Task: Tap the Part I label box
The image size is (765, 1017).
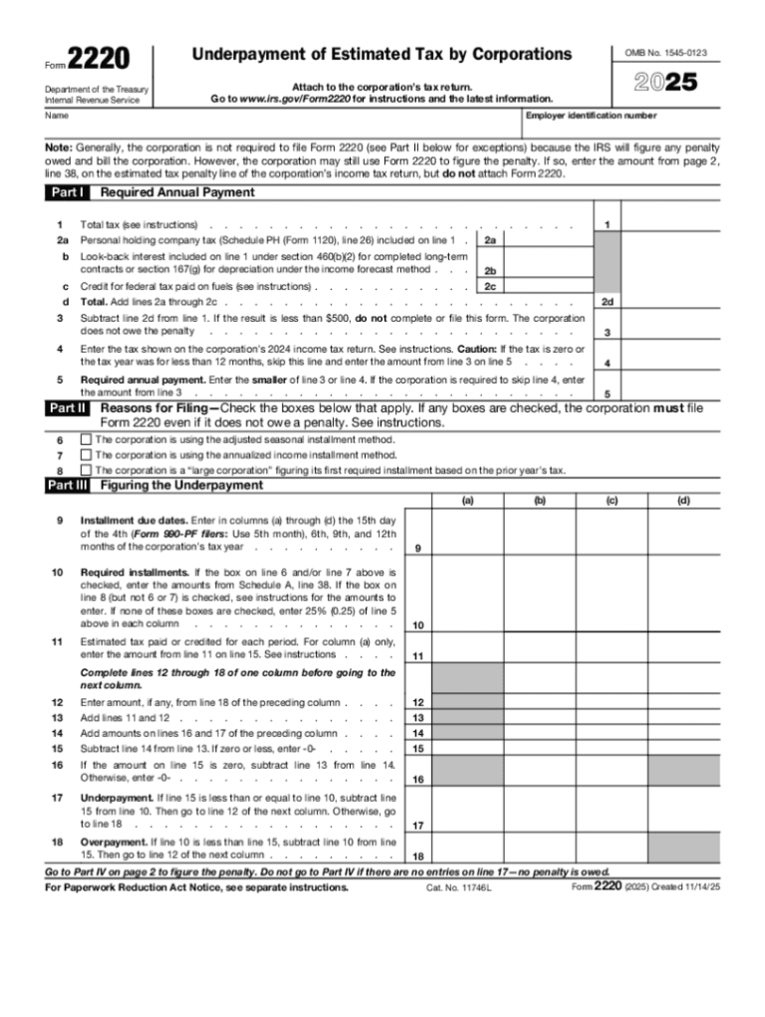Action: (x=68, y=192)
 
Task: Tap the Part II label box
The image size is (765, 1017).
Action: (x=68, y=408)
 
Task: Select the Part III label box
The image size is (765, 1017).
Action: (x=68, y=485)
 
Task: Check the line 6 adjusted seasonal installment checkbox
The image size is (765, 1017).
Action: (x=86, y=439)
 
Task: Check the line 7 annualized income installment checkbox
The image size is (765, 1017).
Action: (x=86, y=454)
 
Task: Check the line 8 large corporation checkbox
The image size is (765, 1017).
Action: (x=86, y=469)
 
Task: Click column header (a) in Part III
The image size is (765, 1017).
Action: (x=467, y=501)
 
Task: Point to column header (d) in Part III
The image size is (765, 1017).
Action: (x=683, y=501)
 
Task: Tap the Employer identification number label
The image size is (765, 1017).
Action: (x=593, y=116)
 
